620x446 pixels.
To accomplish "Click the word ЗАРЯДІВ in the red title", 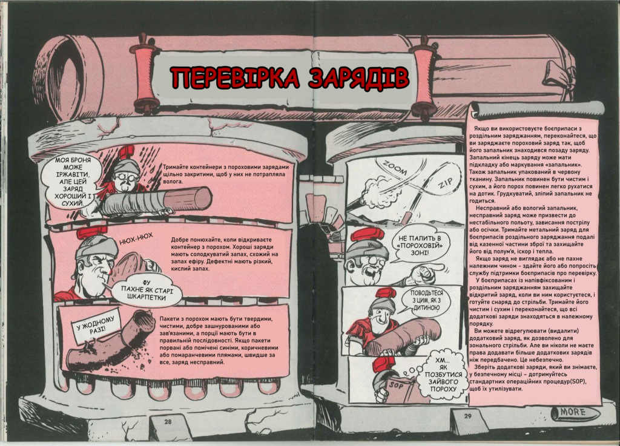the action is coord(358,77).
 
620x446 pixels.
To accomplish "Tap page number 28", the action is coord(168,422).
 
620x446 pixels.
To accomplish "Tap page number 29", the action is coord(468,416).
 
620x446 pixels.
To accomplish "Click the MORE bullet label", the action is coord(573,413).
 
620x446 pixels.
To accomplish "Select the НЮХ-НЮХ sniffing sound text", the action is coord(136,239).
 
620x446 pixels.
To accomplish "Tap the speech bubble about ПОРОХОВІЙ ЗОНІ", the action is coord(419,245).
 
